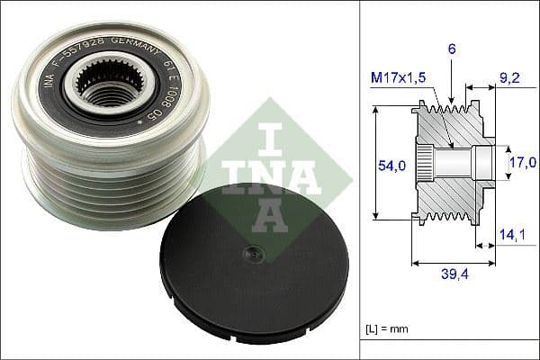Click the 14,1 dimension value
[x=510, y=235]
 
